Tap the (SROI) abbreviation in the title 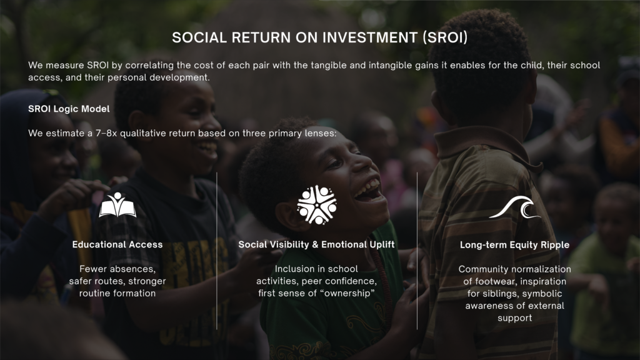click(445, 37)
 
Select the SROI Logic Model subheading click(69, 109)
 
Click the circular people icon click(317, 204)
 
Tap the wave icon click(515, 207)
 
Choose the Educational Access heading click(117, 244)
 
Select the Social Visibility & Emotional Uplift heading click(316, 244)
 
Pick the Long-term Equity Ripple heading click(515, 245)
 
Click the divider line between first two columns click(217, 251)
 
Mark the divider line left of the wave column click(417, 251)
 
